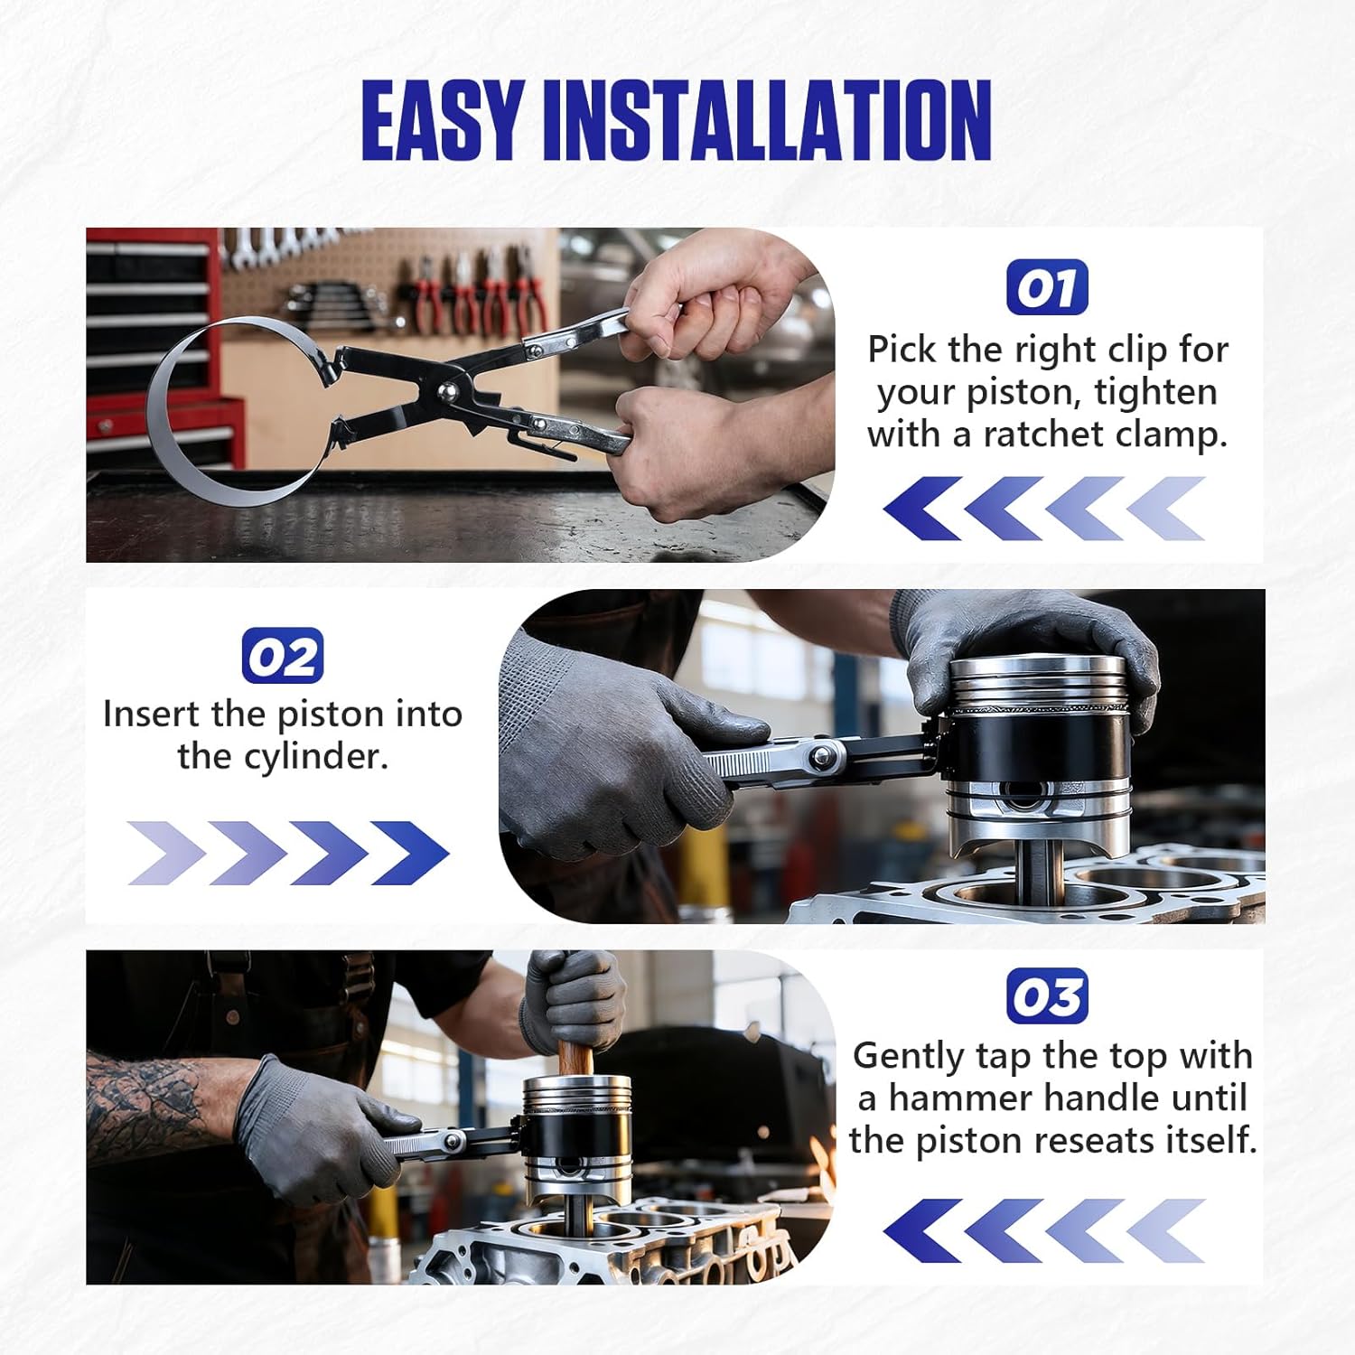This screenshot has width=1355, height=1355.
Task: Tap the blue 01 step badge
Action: [x=1047, y=288]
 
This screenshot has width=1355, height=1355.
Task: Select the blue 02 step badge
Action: [x=282, y=656]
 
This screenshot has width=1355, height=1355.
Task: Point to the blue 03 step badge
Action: [x=1047, y=996]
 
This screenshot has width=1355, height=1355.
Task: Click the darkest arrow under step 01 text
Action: [x=920, y=509]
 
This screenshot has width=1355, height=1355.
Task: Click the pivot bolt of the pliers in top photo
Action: [x=446, y=391]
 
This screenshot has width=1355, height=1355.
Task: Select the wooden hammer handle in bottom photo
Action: [x=575, y=1057]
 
